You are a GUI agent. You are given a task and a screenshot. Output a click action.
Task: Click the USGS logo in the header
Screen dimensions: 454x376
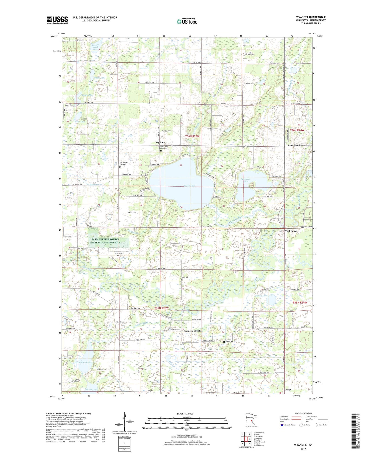[x=57, y=20]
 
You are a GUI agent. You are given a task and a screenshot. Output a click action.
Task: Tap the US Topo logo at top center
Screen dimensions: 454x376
[x=187, y=22]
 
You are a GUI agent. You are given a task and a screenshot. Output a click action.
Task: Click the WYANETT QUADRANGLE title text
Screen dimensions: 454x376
[x=311, y=17]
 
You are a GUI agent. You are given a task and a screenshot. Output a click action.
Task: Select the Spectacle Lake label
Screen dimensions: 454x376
[x=245, y=180]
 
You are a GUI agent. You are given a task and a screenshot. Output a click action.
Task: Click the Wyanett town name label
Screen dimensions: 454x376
[x=160, y=142]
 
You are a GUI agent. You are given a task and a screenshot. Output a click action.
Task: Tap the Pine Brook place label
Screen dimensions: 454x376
[x=294, y=145]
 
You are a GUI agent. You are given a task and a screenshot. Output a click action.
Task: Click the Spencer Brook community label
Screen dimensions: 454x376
[x=192, y=331]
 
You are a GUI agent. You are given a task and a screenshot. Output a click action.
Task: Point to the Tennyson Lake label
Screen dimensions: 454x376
[x=84, y=362]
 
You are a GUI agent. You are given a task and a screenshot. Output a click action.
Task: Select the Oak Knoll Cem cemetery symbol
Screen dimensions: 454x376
[x=244, y=57]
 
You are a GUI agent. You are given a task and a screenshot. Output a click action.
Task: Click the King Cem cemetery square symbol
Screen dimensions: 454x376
[x=182, y=280]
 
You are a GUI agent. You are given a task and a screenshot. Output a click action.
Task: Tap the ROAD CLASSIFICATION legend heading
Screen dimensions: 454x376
[x=303, y=413]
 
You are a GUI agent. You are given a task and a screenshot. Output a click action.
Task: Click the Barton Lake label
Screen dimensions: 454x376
[x=262, y=296]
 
